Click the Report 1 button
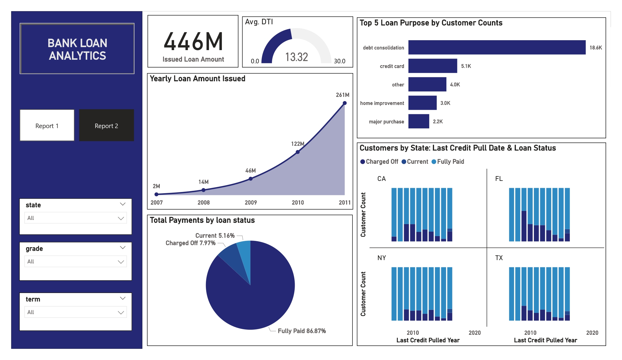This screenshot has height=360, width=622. [x=47, y=125]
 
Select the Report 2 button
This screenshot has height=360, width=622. [x=106, y=125]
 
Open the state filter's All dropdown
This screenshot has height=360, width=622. [x=76, y=218]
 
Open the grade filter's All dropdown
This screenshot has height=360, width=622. [x=76, y=262]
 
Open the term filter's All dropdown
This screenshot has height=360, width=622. [x=76, y=312]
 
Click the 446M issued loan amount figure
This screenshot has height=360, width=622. [x=193, y=42]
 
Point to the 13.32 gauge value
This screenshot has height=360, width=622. [x=296, y=57]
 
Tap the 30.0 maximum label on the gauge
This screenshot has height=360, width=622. [x=339, y=61]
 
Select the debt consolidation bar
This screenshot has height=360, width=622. [x=497, y=47]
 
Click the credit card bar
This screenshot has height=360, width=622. [x=433, y=66]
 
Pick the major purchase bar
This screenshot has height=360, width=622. [x=418, y=121]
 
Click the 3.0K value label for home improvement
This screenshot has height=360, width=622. [x=445, y=103]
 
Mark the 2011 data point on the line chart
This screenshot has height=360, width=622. [x=345, y=103]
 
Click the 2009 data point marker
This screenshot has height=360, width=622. [x=251, y=179]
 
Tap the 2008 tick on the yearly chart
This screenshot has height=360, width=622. [x=204, y=202]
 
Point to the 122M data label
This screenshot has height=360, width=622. [x=297, y=144]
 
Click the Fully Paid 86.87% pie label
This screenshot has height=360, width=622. [x=302, y=331]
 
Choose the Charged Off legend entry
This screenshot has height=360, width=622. [x=379, y=162]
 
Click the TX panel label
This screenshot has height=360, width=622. [x=499, y=258]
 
